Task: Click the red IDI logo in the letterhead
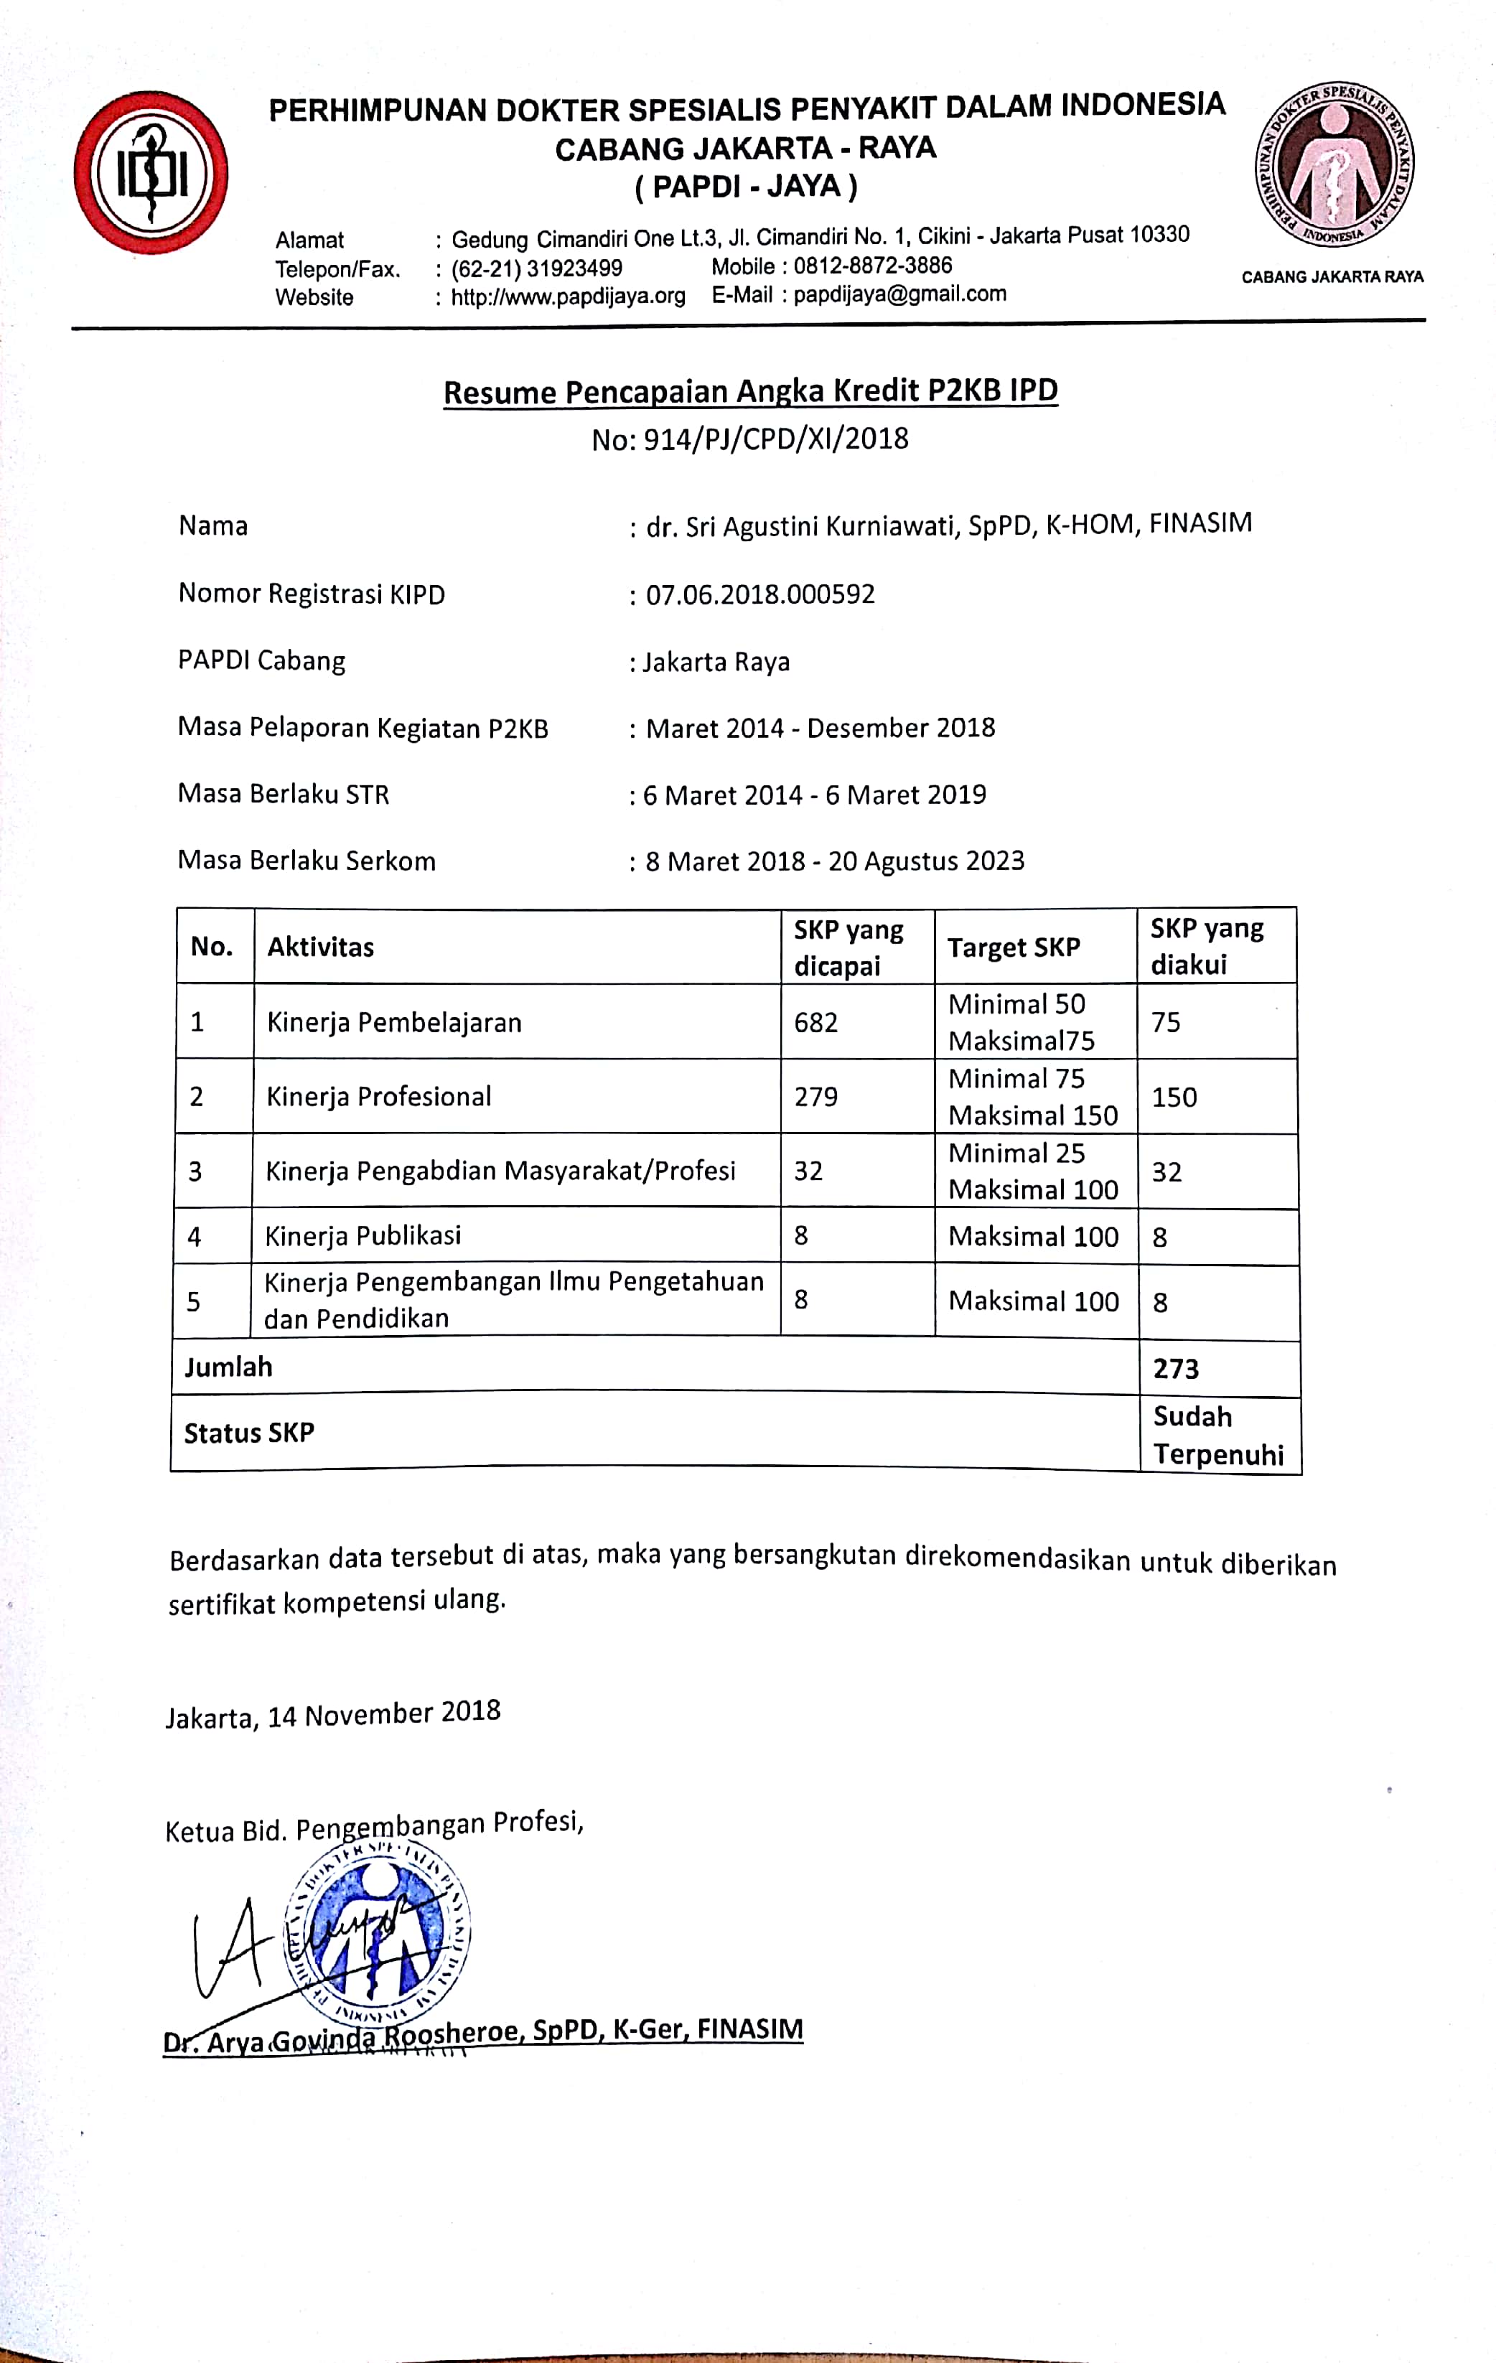(151, 173)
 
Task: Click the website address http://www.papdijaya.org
(567, 296)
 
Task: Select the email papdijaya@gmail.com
(899, 294)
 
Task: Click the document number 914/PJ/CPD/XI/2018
(775, 439)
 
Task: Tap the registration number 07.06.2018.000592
(759, 594)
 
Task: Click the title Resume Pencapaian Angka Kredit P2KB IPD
(750, 391)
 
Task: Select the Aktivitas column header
(321, 947)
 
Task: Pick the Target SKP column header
(1013, 947)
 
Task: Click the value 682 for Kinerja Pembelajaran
(815, 1023)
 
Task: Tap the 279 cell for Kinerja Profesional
(815, 1096)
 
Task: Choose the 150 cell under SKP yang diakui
(1174, 1097)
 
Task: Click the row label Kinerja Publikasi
(363, 1235)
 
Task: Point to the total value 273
(1176, 1368)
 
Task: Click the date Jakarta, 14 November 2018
(333, 1714)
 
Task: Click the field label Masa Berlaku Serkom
(307, 861)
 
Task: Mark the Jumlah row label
(229, 1367)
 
